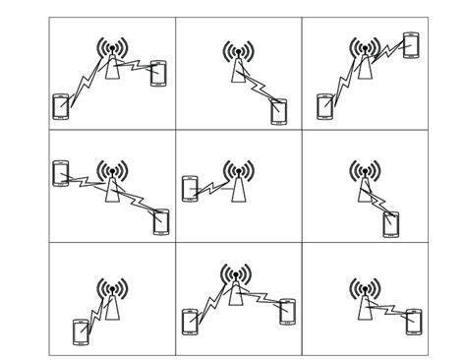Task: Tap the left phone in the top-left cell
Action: pos(61,106)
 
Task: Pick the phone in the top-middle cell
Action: pos(280,111)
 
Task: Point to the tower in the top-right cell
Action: pos(365,61)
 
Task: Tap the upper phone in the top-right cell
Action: pos(411,45)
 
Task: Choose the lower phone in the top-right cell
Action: pos(324,105)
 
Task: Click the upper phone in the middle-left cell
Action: pos(61,172)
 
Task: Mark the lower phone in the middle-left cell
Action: pos(161,222)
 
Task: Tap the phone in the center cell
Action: pos(191,188)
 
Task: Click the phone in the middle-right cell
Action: pos(391,225)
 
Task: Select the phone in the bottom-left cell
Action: pos(81,331)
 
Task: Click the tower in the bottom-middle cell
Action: pos(235,286)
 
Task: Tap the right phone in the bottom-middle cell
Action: pos(287,311)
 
